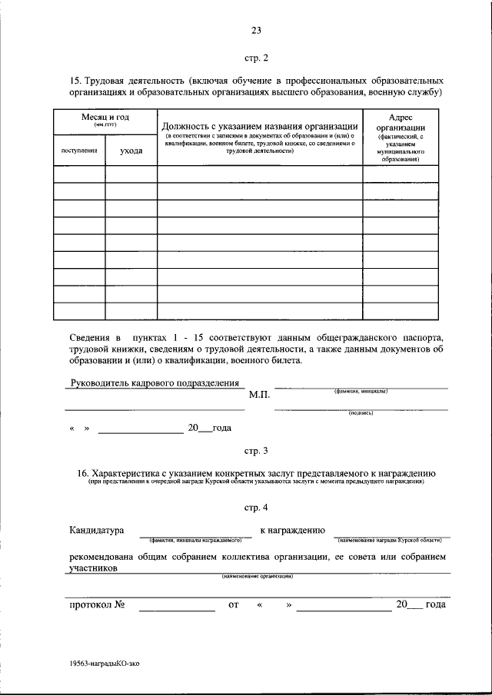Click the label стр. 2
click(256, 57)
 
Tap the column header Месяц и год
click(105, 117)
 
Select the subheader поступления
click(79, 151)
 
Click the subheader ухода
click(131, 151)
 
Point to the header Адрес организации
click(401, 123)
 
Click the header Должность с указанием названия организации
click(260, 126)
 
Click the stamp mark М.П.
click(259, 395)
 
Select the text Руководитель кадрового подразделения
click(155, 382)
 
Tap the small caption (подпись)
click(361, 412)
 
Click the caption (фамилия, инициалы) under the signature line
click(361, 391)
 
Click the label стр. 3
click(256, 450)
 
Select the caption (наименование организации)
click(257, 576)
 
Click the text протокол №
click(97, 604)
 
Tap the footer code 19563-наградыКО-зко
click(105, 661)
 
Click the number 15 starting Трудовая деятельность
click(75, 80)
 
